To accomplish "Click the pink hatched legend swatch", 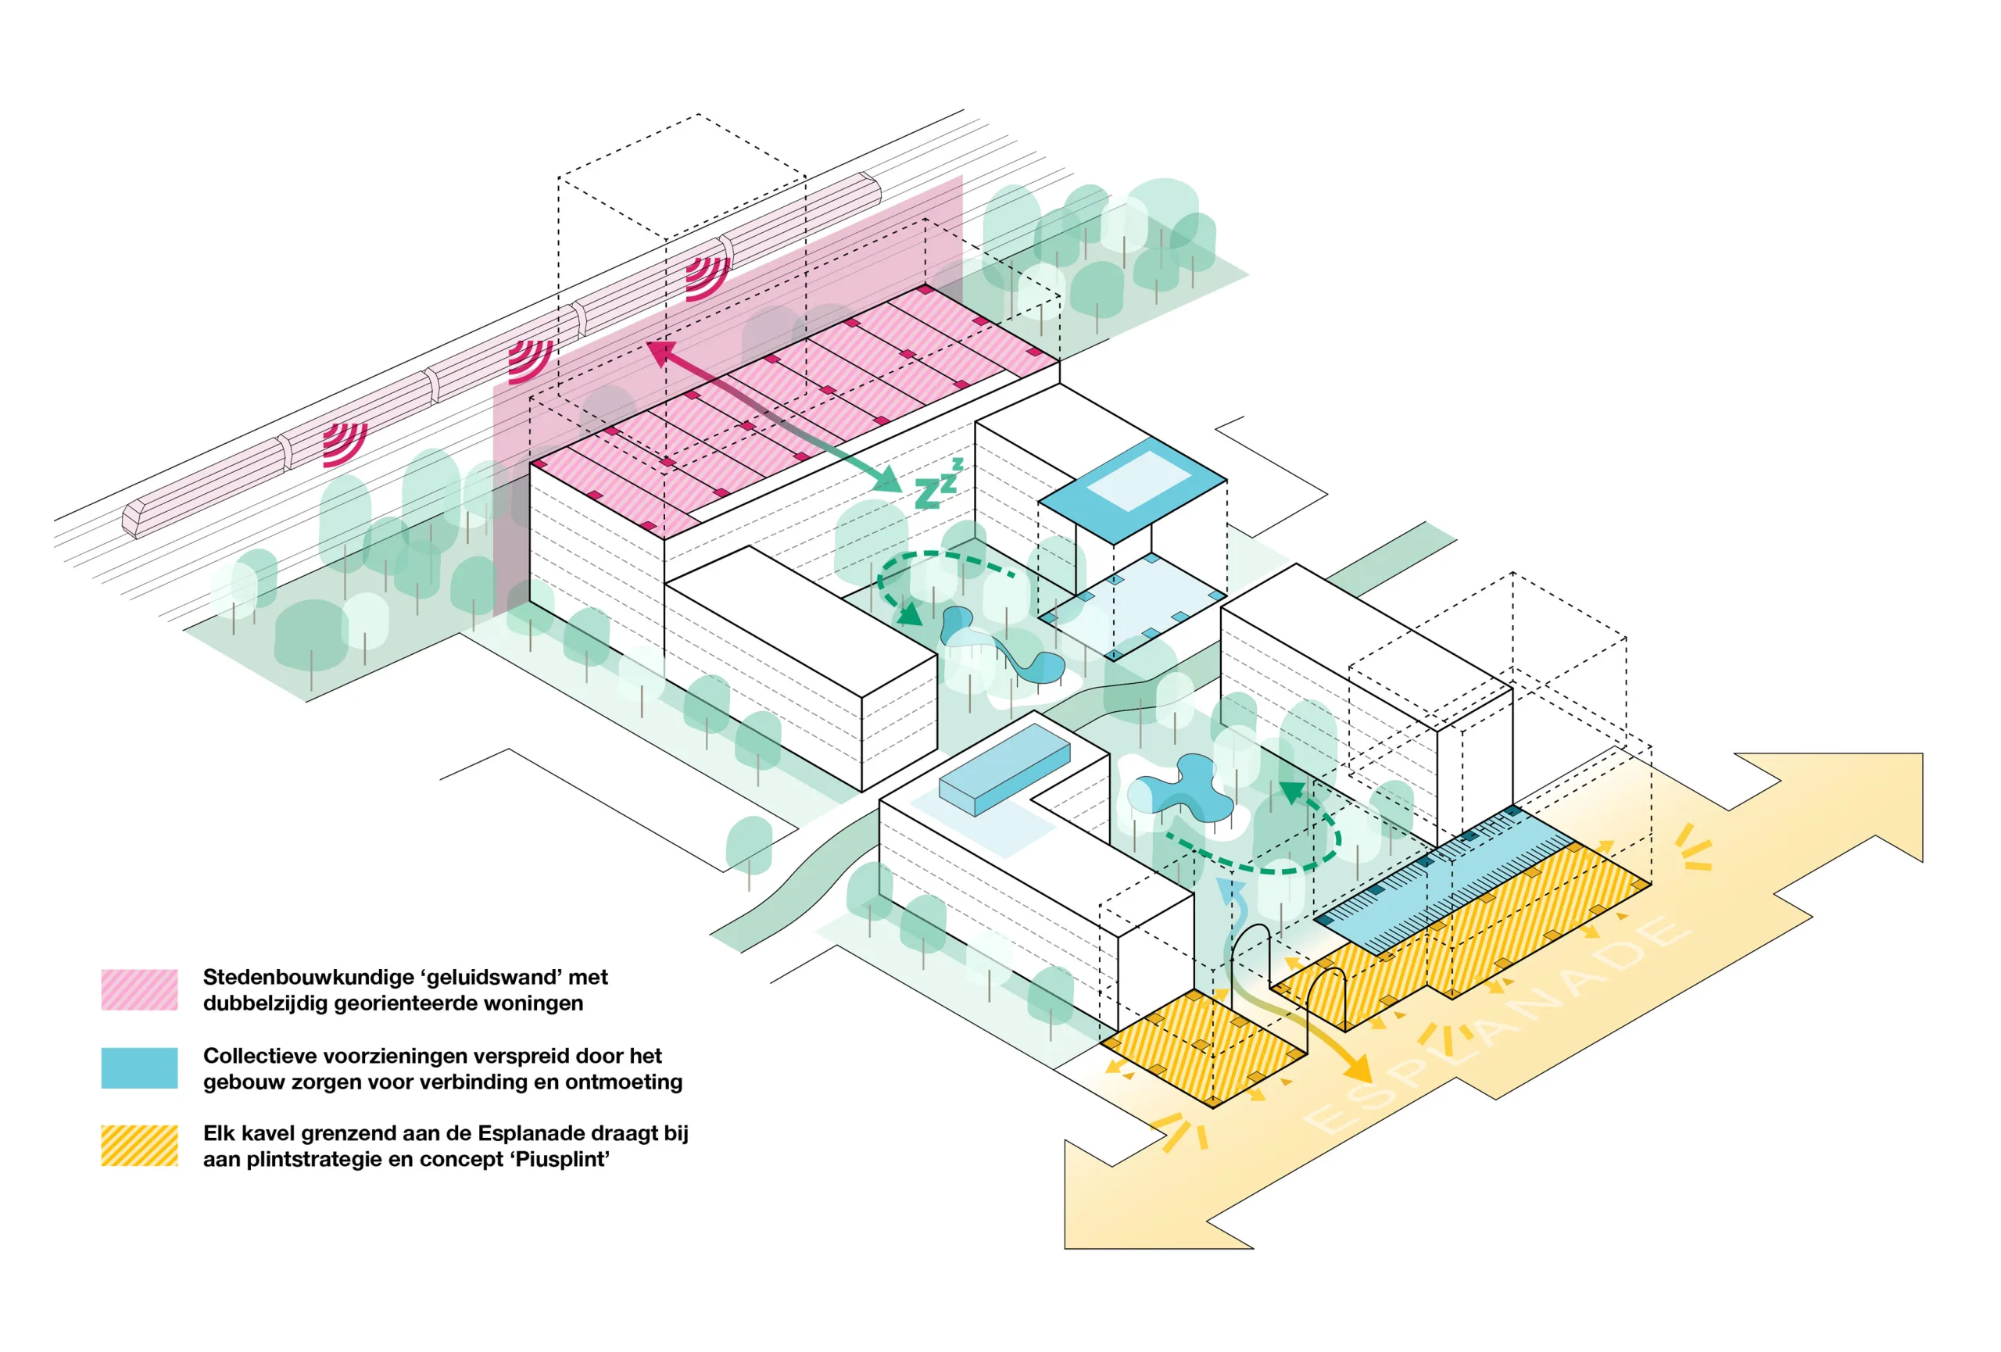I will pos(139,989).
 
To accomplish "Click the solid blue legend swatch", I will pos(139,1068).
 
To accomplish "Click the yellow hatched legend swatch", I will pos(139,1146).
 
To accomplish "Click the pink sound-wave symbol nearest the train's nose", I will pos(345,442).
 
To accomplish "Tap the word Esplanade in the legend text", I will pos(524,1133).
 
